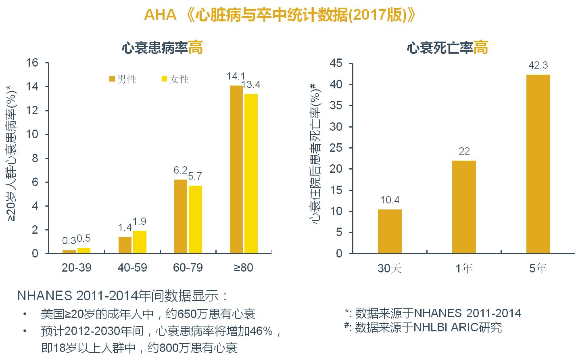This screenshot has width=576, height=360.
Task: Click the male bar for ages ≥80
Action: tap(236, 170)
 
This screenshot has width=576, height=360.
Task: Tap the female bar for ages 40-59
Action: tap(140, 242)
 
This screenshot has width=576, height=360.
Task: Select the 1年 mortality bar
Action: tap(464, 207)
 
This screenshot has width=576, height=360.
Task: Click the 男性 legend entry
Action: tap(123, 79)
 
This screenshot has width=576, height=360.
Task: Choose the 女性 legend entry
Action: tap(175, 79)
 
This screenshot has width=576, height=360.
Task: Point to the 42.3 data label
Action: tap(538, 65)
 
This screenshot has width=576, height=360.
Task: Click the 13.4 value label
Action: tap(251, 85)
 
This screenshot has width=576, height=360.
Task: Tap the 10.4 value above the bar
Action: tap(390, 200)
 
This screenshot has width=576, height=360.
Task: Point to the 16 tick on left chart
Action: tap(32, 63)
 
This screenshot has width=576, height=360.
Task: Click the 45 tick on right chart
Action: tap(336, 63)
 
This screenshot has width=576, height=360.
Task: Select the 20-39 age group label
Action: tap(76, 268)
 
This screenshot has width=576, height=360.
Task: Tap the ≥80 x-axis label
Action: tap(243, 268)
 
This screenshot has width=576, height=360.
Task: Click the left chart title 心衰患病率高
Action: tap(162, 48)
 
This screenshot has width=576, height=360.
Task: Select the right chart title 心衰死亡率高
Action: tap(447, 48)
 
